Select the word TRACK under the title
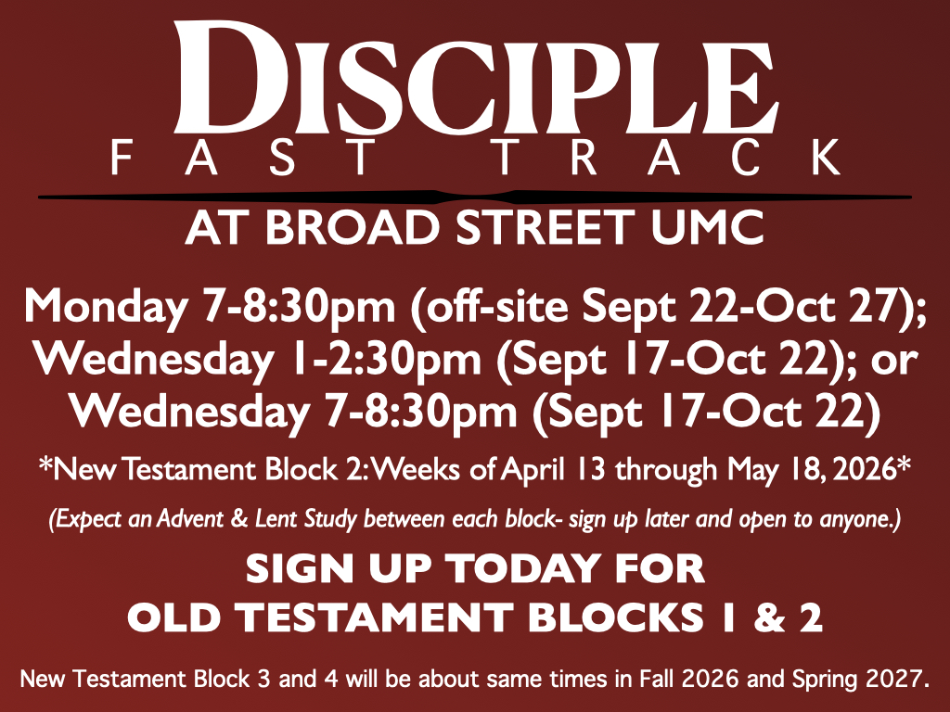coord(667,158)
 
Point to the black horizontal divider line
coord(475,197)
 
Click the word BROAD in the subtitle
coord(352,228)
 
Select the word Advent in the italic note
coord(189,519)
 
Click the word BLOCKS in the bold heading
coord(616,618)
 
